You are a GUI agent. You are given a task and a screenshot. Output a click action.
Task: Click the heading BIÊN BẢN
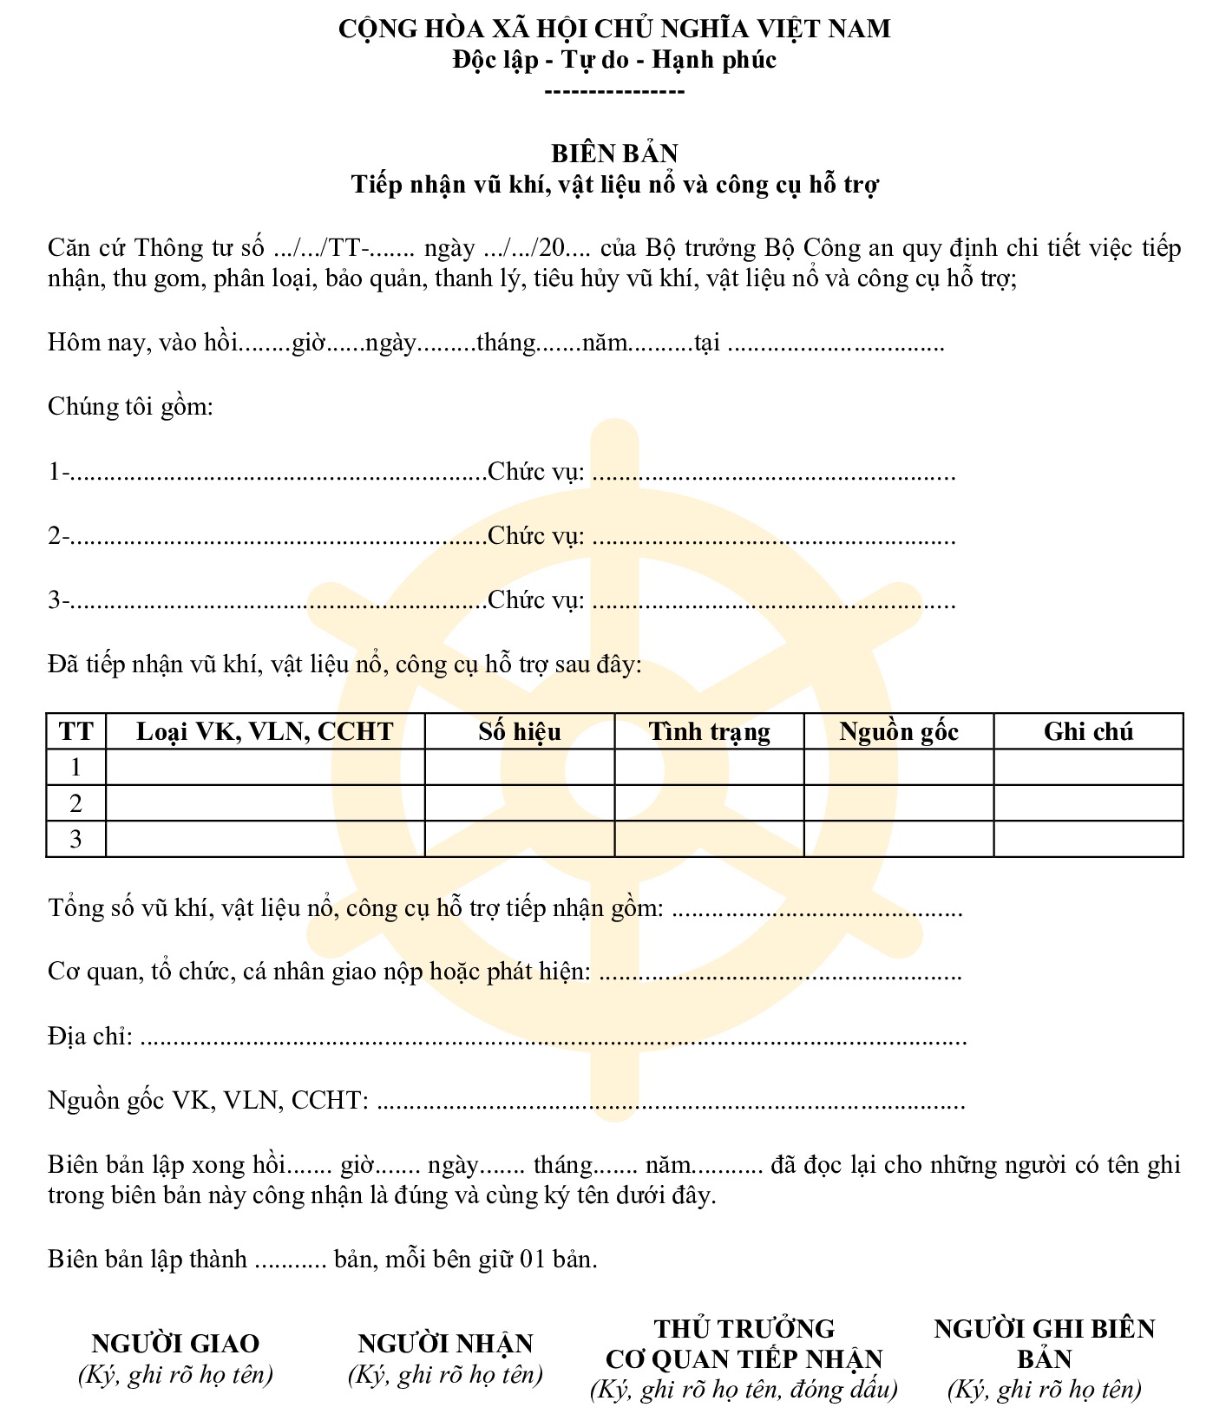pos(614,154)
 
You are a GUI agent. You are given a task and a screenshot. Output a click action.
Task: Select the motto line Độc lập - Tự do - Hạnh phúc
pos(614,60)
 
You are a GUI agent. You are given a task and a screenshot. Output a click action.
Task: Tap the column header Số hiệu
pos(520,731)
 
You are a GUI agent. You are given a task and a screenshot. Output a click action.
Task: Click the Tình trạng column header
pos(710,731)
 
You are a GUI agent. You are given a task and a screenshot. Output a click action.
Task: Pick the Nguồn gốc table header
pos(899,731)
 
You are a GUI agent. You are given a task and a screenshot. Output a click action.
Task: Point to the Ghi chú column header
pos(1089,731)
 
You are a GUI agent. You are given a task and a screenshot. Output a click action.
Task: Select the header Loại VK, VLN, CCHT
pos(265,731)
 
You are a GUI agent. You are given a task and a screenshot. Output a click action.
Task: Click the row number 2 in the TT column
pos(75,803)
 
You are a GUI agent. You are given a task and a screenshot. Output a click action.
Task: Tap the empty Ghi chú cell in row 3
pos(1089,839)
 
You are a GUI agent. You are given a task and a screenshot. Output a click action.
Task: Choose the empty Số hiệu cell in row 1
pos(520,768)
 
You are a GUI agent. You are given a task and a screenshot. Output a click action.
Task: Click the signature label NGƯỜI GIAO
pos(175,1344)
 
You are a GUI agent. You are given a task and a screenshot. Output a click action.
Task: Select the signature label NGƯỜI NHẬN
pos(445,1344)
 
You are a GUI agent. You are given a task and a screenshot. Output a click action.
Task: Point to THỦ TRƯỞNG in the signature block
pos(744,1329)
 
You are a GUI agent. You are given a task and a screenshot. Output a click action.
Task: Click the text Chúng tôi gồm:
pos(130,407)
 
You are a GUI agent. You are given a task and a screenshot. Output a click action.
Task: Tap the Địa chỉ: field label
pos(90,1036)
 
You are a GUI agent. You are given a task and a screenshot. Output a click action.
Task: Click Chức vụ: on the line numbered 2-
pos(536,536)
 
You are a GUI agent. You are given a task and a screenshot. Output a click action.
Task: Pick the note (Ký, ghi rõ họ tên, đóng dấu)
pos(744,1390)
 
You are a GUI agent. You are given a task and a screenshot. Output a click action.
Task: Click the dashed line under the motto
pos(614,91)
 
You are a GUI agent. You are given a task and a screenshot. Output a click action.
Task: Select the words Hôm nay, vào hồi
pos(143,343)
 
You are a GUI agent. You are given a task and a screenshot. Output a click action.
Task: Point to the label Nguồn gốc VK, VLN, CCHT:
pos(208,1100)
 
